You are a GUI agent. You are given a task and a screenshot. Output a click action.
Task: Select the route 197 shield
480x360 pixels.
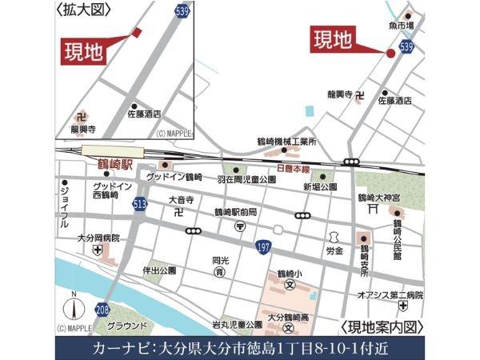[262, 248]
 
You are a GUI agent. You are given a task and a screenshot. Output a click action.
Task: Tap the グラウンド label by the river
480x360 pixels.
[126, 326]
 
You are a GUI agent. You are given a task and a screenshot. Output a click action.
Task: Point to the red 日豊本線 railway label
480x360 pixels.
[293, 169]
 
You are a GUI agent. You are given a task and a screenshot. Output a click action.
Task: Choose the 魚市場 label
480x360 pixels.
[402, 26]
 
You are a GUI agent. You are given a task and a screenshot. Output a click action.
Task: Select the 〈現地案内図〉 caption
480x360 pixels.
[381, 327]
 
